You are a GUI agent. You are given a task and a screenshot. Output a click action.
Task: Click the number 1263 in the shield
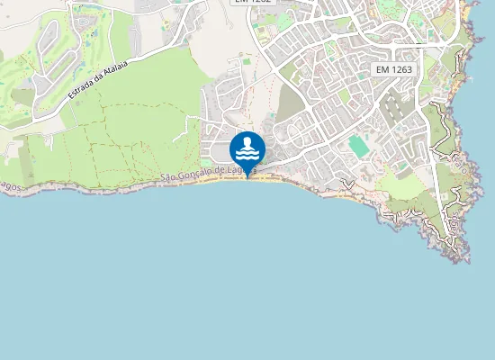[x=401, y=69]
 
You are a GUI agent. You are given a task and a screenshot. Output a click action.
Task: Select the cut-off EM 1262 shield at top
[x=252, y=3]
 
